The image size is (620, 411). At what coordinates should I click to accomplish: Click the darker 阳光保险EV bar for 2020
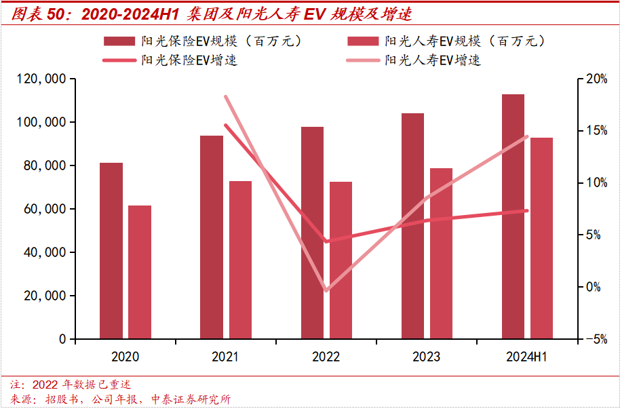[x=111, y=251]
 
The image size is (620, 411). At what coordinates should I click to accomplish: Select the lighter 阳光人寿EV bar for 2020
[x=140, y=272]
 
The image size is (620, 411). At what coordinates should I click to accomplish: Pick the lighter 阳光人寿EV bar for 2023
[x=441, y=254]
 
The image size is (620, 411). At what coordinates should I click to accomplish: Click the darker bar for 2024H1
[x=513, y=216]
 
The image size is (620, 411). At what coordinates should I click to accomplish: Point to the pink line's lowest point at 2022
[x=326, y=290]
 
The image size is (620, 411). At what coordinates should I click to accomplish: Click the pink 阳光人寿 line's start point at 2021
[x=225, y=97]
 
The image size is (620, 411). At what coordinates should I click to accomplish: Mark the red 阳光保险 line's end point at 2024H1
[x=527, y=210]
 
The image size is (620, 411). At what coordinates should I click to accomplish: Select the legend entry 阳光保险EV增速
[x=189, y=60]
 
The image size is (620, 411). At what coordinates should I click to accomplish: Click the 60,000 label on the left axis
[x=44, y=209]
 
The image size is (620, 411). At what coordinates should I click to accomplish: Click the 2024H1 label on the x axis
[x=527, y=357]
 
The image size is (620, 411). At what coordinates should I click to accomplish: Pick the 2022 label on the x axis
[x=326, y=357]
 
